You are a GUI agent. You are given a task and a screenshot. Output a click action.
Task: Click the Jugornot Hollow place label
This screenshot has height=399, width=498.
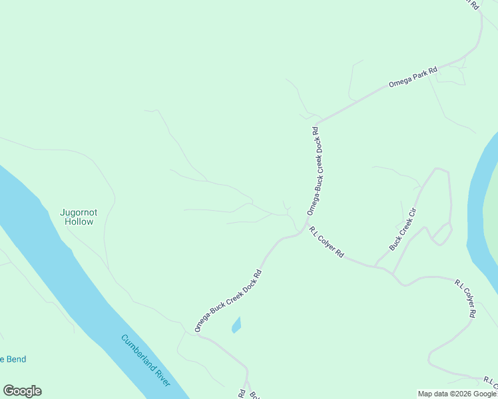click(x=79, y=217)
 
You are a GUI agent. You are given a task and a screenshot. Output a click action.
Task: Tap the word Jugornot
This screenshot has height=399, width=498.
click(x=79, y=212)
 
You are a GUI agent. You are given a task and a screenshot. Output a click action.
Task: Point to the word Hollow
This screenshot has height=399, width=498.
click(x=79, y=222)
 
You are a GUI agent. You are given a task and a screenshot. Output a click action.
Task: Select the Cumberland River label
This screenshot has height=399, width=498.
click(x=146, y=360)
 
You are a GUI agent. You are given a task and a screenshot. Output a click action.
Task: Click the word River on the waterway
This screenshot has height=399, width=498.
click(x=162, y=376)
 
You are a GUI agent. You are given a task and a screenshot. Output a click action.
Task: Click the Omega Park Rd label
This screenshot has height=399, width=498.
click(x=413, y=77)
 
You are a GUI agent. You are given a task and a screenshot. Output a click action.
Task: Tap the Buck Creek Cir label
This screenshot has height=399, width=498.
click(x=403, y=230)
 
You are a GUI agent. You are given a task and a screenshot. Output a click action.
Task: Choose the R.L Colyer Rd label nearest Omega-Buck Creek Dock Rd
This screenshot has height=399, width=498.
click(x=326, y=243)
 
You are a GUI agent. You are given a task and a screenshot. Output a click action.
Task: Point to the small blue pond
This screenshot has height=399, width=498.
click(x=236, y=325)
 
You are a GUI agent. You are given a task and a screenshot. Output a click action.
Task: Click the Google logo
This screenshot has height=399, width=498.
click(x=22, y=391)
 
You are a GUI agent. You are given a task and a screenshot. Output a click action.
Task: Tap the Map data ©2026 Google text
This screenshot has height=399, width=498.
click(x=457, y=394)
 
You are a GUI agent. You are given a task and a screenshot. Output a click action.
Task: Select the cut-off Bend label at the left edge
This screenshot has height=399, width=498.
click(x=13, y=360)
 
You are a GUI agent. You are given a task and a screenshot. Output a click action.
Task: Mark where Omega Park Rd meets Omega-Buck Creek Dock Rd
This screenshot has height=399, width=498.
click(x=317, y=123)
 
